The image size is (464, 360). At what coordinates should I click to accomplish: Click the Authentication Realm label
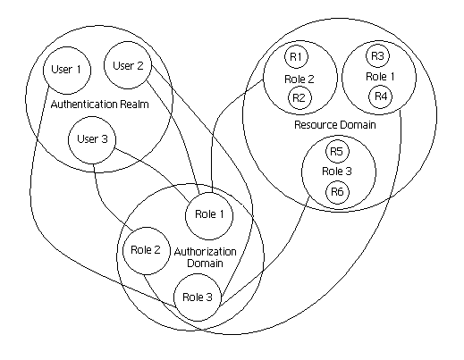pos(99,105)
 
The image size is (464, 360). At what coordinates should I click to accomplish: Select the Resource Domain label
pos(335,124)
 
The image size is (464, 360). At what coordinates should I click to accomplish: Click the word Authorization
pos(206,252)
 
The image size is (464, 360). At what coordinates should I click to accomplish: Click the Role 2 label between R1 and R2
pos(299,80)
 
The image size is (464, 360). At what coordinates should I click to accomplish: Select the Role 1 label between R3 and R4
pos(380,77)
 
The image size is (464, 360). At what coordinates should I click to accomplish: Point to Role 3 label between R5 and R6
pos(337,172)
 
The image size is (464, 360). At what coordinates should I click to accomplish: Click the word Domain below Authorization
pos(205,264)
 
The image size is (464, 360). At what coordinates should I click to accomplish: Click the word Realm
pos(134,105)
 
